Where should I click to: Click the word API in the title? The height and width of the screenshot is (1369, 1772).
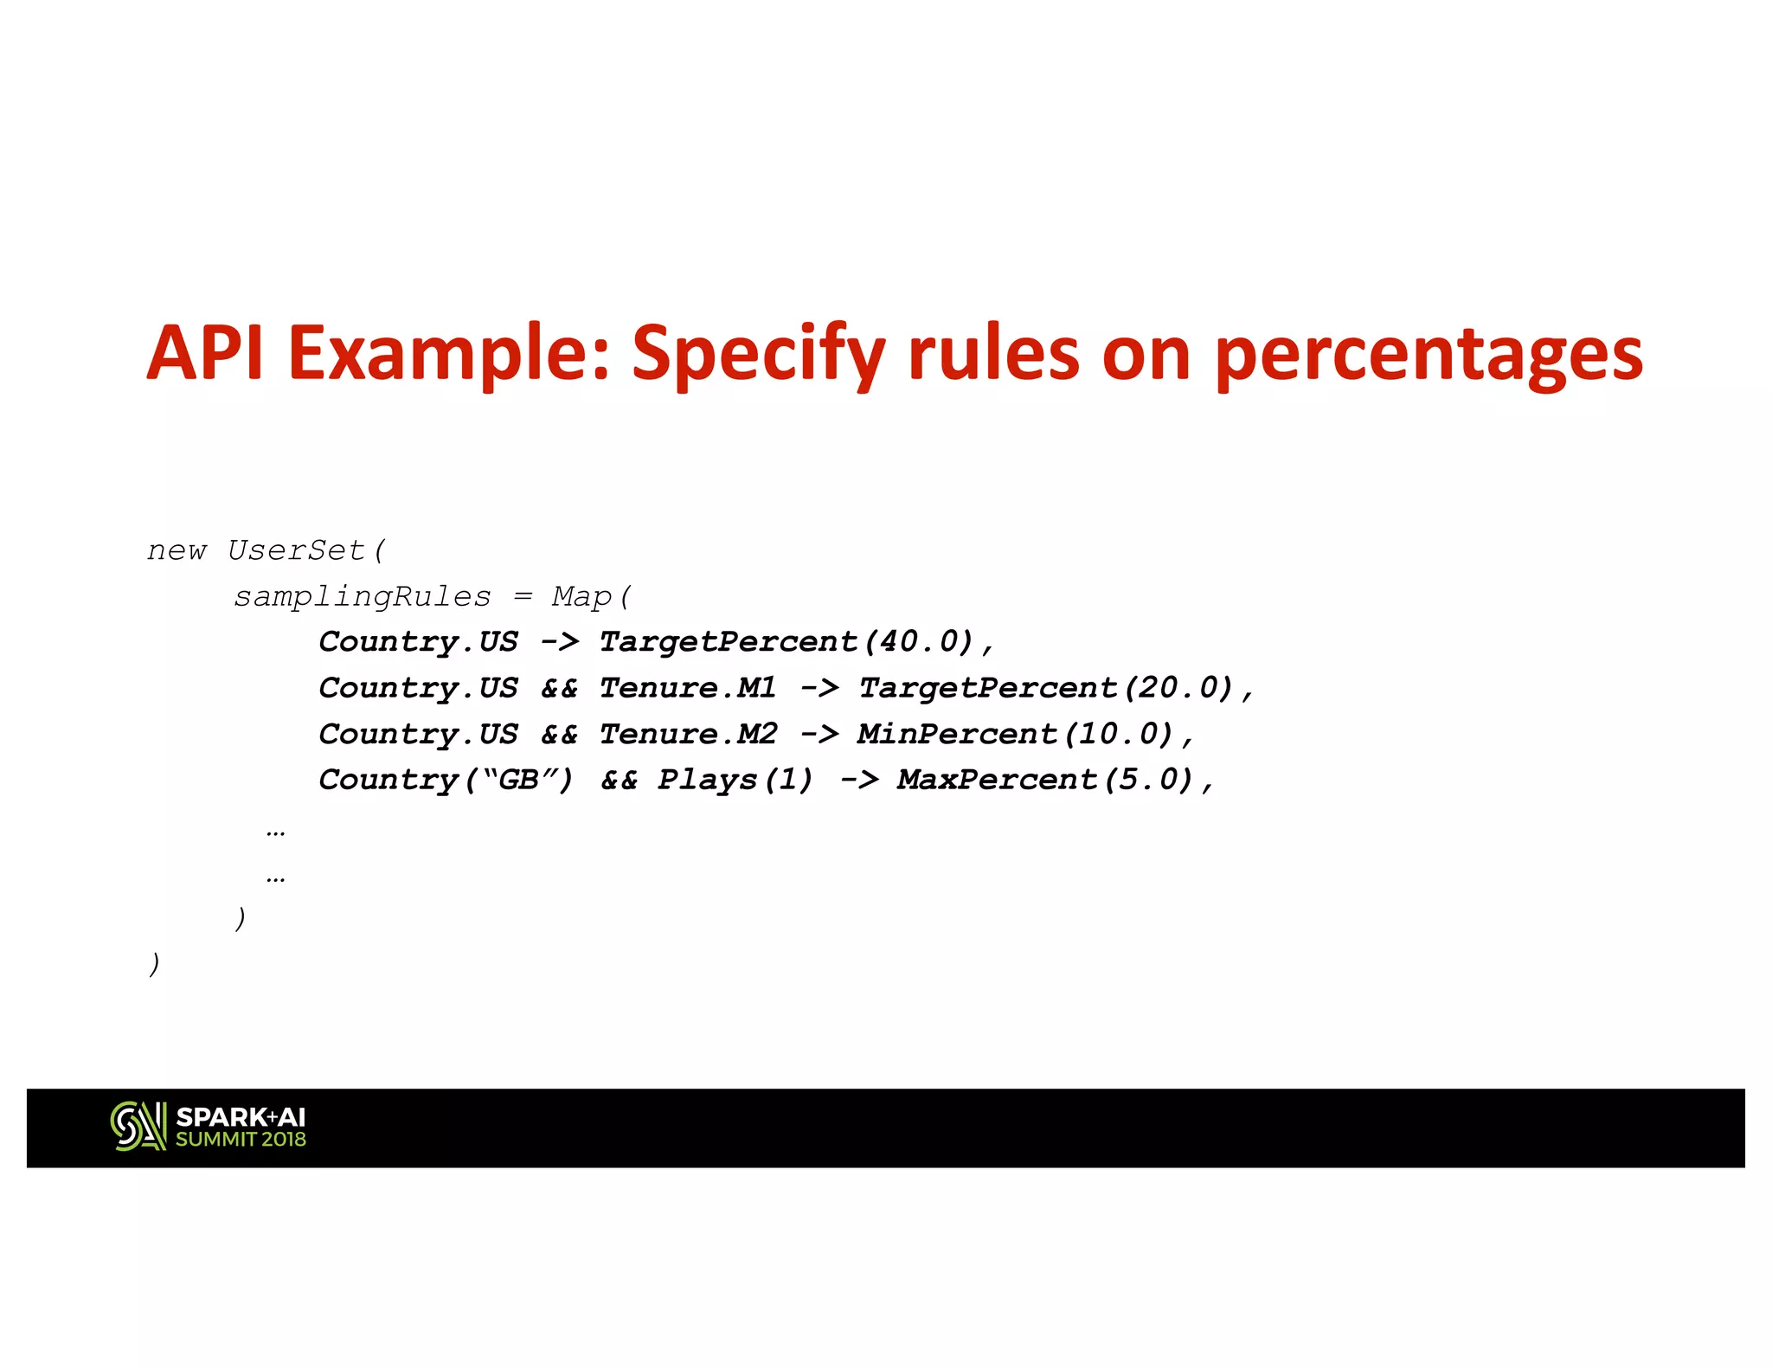[x=204, y=353]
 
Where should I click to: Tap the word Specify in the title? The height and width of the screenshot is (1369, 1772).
[x=758, y=355]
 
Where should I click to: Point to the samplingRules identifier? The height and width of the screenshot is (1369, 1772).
[x=363, y=597]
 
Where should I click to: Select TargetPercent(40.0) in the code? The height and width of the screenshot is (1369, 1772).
[x=786, y=642]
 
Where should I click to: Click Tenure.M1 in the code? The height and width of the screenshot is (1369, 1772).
[x=688, y=688]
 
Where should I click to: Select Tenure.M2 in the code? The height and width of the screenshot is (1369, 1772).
[x=688, y=734]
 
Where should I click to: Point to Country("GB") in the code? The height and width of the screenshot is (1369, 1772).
[x=446, y=780]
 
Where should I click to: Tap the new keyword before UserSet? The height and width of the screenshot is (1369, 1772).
[x=177, y=550]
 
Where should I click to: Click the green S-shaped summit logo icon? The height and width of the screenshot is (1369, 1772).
[x=138, y=1127]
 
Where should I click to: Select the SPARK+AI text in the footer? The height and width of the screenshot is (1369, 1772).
[x=241, y=1117]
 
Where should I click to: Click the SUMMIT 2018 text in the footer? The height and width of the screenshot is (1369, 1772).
[x=241, y=1140]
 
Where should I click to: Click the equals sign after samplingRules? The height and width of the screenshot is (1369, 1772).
[x=523, y=597]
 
